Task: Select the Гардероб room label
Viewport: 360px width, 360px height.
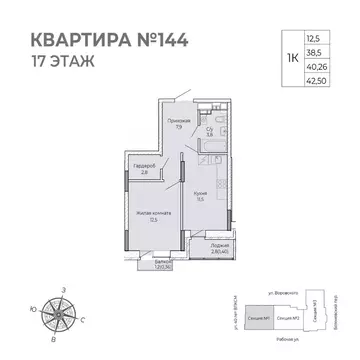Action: (x=144, y=167)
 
